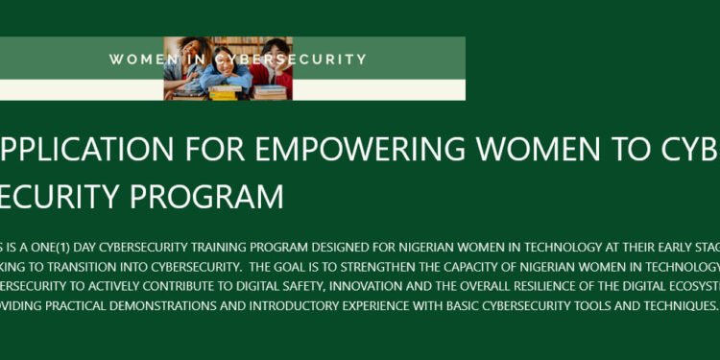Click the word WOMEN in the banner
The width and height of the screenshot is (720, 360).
click(x=137, y=60)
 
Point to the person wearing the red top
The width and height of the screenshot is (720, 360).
click(x=274, y=67)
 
